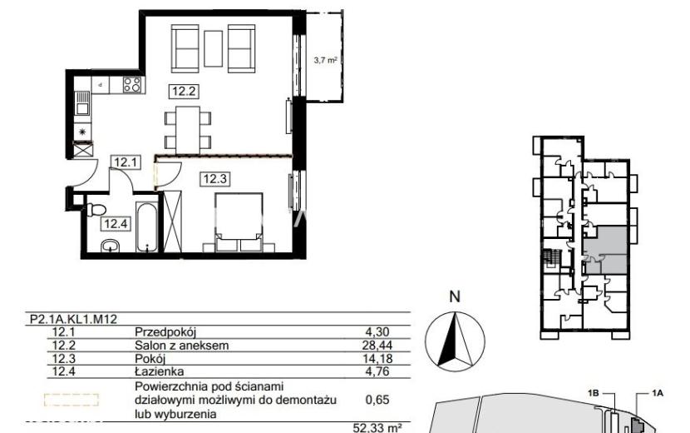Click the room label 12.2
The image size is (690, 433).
pos(184,92)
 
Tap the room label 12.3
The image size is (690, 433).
pos(214,179)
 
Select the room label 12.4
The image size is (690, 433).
pos(116,224)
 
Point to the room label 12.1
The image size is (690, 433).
pos(126,162)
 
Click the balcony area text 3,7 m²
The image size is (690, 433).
pos(325,60)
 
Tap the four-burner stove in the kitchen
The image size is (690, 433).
pos(132,84)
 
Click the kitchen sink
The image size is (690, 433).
pos(82,102)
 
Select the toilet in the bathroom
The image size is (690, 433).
pos(96,210)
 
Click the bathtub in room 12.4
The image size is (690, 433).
pos(146,227)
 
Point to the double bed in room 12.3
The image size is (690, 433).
pos(239,222)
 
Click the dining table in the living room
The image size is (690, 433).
pos(188,130)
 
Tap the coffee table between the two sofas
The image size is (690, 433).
pos(214,48)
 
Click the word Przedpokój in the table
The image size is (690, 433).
pos(165,332)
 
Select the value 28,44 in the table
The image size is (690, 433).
pos(377,346)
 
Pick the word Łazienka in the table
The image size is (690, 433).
pos(160,371)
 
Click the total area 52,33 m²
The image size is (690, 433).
pos(377,428)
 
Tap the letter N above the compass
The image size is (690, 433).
pos(455,296)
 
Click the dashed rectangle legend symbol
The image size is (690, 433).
pos(71,400)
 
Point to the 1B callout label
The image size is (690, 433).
pos(594,393)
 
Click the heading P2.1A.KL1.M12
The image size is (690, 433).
pos(73,319)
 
